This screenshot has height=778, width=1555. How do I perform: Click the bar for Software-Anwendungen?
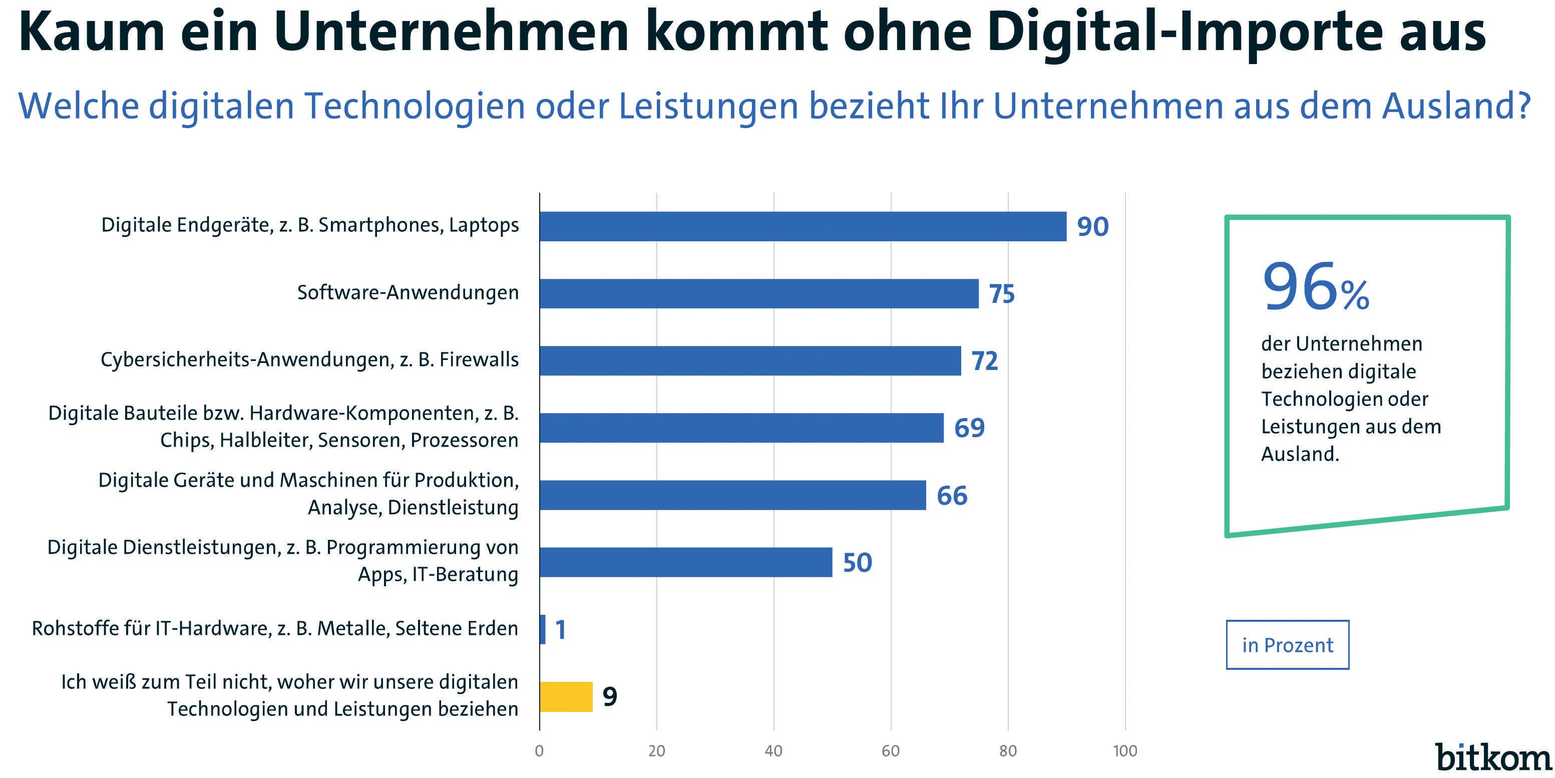click(x=759, y=293)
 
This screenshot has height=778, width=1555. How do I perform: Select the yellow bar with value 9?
click(x=566, y=696)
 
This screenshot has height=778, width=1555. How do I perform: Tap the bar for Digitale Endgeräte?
click(x=803, y=226)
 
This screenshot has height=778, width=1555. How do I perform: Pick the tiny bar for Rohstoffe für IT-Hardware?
click(x=543, y=629)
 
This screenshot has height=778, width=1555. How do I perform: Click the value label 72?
click(x=985, y=361)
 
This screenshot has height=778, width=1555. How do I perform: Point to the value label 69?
click(x=969, y=428)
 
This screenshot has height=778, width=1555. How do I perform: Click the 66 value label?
click(x=952, y=496)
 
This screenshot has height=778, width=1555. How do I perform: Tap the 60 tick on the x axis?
click(x=890, y=751)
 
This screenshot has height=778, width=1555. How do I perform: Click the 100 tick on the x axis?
click(x=1124, y=751)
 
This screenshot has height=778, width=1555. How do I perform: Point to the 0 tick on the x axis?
click(x=539, y=751)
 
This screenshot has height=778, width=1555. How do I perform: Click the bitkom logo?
click(x=1493, y=757)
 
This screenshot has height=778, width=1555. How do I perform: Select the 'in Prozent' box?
click(x=1287, y=645)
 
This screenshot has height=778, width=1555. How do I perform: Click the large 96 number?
click(x=1300, y=287)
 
